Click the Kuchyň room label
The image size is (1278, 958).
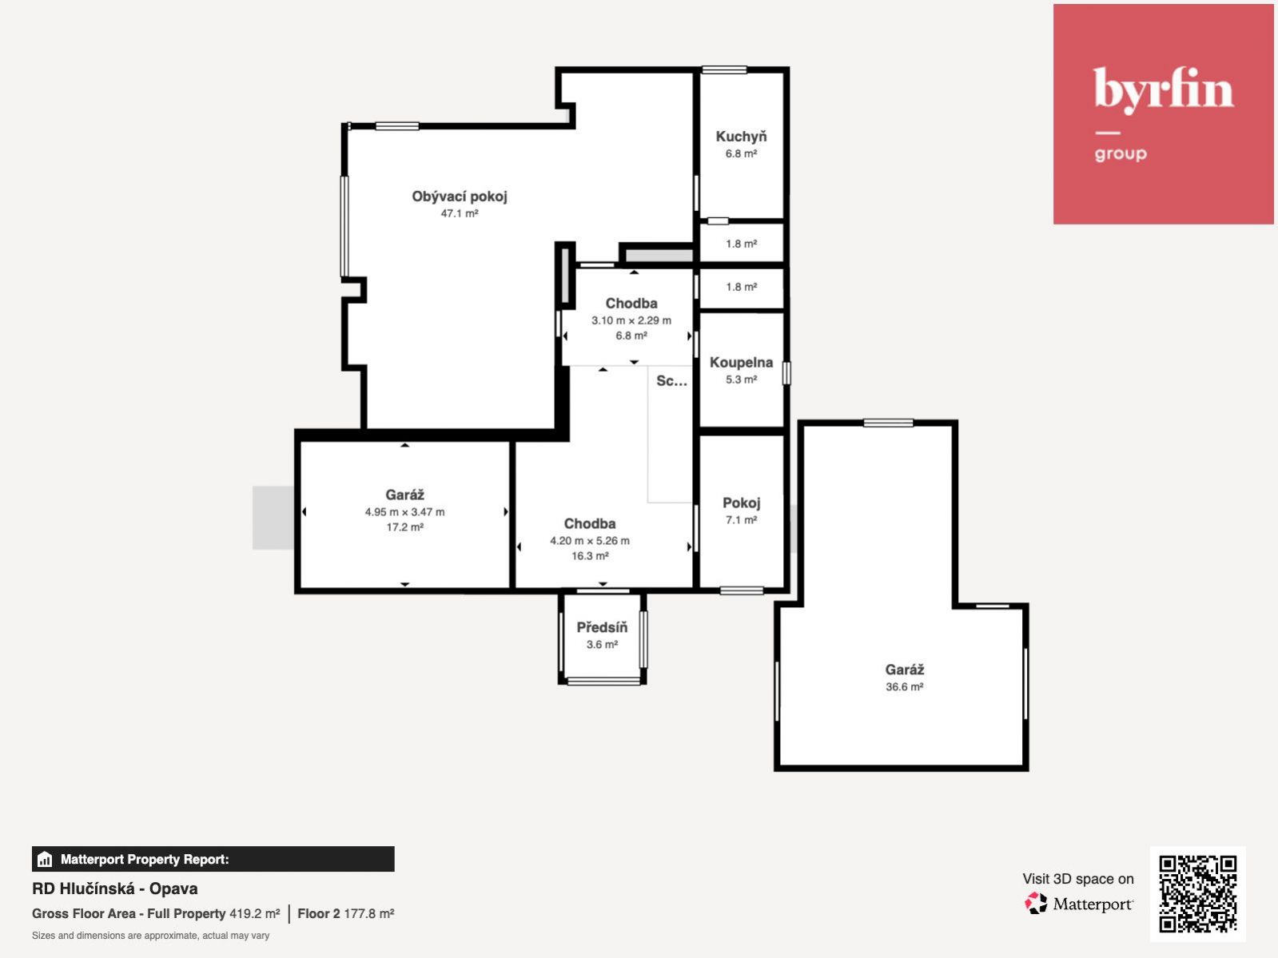point(741,137)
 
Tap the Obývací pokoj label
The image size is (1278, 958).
point(460,197)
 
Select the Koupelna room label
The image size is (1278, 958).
point(741,363)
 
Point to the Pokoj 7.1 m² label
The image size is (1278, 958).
point(741,511)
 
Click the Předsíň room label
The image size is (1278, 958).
point(602,627)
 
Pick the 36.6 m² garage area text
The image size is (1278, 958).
point(904,687)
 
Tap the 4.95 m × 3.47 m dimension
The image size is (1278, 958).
point(404,512)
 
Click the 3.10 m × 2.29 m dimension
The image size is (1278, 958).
point(631,320)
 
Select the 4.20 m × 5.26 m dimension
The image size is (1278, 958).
point(590,541)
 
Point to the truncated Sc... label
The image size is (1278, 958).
point(671,381)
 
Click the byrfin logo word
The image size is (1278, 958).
point(1163,90)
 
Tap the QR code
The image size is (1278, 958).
point(1197,894)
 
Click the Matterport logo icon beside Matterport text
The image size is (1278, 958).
point(1036,904)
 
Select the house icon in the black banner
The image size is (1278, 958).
point(45,859)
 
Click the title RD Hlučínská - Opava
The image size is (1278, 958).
point(115,888)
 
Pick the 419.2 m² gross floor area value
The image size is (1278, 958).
point(254,914)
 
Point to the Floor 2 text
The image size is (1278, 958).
point(318,914)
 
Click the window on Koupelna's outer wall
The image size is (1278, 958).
point(786,373)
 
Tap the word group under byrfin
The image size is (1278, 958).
point(1121,154)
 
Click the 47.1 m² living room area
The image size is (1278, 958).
point(460,213)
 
